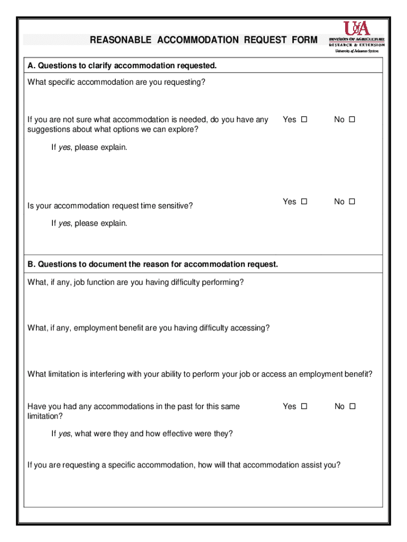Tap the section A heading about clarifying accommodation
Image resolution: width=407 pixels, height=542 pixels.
click(122, 66)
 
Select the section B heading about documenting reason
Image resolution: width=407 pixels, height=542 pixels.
click(153, 264)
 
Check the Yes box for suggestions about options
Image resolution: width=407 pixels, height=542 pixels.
click(304, 120)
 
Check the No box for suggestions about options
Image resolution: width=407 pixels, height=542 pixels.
click(352, 120)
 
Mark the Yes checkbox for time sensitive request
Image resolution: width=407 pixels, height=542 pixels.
click(304, 202)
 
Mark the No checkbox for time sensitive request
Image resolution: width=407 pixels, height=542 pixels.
click(352, 202)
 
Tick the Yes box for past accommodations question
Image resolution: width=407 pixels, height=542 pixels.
click(304, 406)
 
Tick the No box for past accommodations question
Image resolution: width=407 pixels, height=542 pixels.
click(353, 406)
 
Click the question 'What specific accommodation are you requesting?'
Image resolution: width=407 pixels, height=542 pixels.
click(116, 82)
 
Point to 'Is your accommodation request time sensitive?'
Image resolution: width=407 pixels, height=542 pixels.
click(110, 205)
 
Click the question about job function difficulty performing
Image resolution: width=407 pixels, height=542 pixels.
click(136, 282)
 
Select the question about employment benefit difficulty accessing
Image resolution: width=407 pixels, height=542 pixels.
click(149, 328)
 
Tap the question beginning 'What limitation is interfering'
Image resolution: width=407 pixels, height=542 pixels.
click(200, 374)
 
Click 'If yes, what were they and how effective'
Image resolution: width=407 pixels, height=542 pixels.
click(142, 433)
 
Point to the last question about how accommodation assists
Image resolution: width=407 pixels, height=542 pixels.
click(184, 465)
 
